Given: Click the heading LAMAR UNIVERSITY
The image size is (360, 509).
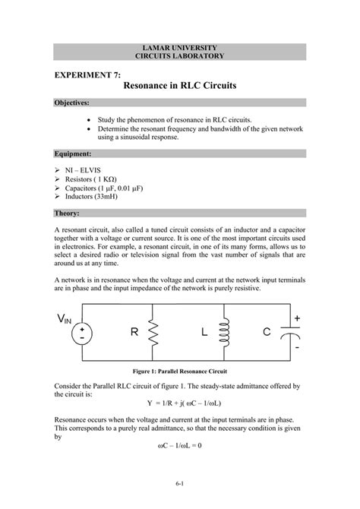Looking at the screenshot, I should click(179, 48).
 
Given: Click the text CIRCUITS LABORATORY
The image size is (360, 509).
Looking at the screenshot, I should click(179, 57).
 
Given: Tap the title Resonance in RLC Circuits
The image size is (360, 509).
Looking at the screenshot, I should click(179, 87).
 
